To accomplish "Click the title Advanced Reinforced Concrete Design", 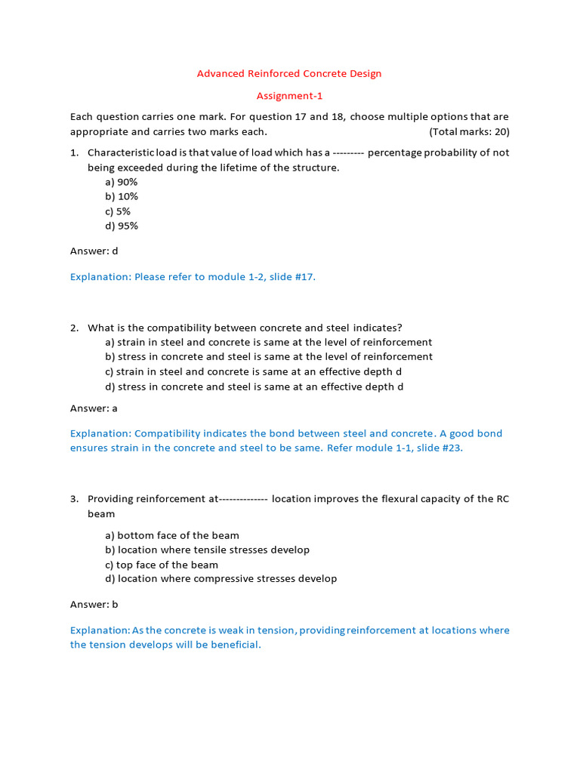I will [x=289, y=73].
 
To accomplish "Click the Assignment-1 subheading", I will [x=289, y=96].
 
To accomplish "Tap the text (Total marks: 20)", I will [x=469, y=131].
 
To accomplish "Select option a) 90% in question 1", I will [x=122, y=182].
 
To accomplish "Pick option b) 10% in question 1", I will [x=122, y=196].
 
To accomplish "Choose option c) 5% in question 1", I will [x=118, y=211].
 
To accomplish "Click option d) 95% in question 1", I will [x=122, y=226].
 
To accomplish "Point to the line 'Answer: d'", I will [x=94, y=251].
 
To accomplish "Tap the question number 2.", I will [x=74, y=328].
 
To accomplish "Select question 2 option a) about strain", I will [x=268, y=342].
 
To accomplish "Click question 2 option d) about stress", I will [x=255, y=386].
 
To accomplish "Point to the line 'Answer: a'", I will [x=94, y=408].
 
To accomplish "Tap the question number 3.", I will [x=74, y=499].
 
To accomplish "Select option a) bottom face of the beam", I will [x=173, y=535].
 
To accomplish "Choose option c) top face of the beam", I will [x=162, y=565].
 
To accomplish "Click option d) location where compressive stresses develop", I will [x=221, y=579].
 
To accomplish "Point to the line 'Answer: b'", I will [x=94, y=604].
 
